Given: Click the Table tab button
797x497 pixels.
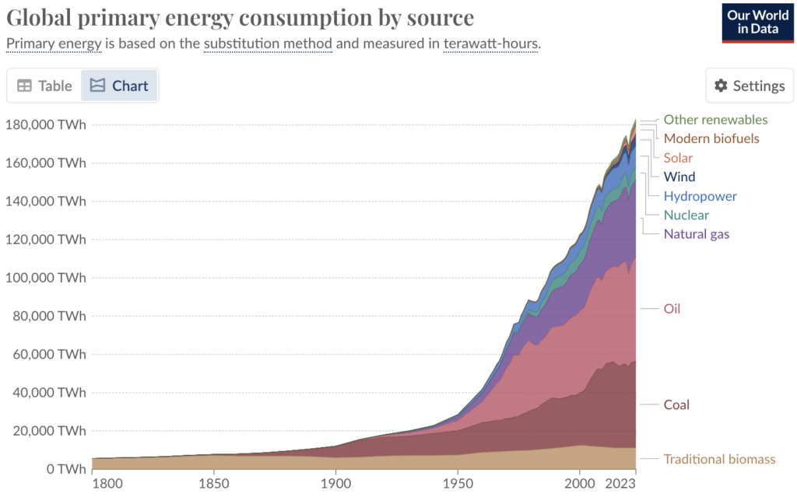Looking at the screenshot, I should [x=44, y=86].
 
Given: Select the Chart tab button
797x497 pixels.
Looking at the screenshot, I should [x=119, y=86].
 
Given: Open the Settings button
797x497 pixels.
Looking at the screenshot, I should [x=750, y=86].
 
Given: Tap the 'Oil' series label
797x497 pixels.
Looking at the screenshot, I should [x=672, y=309].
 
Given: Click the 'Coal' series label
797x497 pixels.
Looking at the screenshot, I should [x=676, y=404].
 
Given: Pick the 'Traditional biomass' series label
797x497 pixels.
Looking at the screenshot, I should [x=719, y=459].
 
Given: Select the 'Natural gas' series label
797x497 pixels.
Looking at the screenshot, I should [x=697, y=234].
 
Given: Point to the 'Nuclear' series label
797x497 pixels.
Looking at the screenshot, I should [x=686, y=215].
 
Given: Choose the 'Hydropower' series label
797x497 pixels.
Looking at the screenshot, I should [x=700, y=196].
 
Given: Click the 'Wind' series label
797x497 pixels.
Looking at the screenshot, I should [x=679, y=177].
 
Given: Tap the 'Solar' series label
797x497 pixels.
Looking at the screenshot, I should [x=678, y=158].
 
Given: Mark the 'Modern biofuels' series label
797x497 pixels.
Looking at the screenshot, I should [x=711, y=138].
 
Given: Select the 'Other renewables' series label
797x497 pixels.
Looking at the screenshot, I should [x=715, y=120].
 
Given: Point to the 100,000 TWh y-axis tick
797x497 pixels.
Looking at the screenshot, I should [x=46, y=278].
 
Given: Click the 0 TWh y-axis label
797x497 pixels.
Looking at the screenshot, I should [x=65, y=469].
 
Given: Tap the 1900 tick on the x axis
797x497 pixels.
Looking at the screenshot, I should [x=335, y=483].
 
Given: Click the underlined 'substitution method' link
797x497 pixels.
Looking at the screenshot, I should [x=268, y=43].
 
